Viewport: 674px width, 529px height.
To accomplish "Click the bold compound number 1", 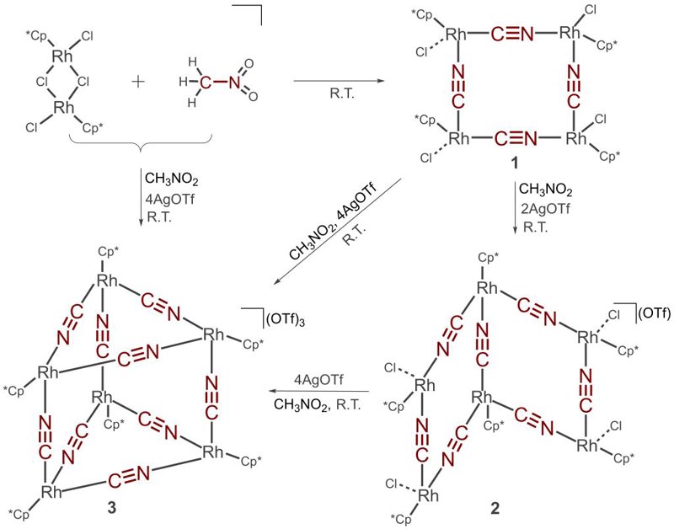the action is click(x=514, y=163).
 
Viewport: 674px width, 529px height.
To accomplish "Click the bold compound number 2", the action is click(x=495, y=509).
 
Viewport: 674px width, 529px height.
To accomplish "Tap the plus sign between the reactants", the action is click(x=138, y=81).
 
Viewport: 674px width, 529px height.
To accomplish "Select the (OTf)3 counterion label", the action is click(x=286, y=321).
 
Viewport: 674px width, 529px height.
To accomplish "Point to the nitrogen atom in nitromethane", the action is click(x=235, y=81).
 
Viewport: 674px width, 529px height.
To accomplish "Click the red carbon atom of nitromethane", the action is click(x=206, y=82).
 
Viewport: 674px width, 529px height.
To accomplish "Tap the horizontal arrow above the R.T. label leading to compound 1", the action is click(x=340, y=80).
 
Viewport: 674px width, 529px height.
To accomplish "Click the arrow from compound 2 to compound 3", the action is click(x=319, y=391).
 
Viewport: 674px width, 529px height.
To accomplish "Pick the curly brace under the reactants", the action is click(x=141, y=142).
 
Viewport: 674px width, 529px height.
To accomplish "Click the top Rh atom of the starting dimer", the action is click(x=62, y=56).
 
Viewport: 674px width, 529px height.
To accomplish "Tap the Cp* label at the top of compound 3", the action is click(x=106, y=252).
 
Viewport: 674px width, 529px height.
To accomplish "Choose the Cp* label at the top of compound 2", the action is click(x=489, y=259).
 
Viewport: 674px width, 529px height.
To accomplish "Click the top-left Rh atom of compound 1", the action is click(x=456, y=34).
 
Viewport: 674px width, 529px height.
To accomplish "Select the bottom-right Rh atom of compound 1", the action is click(x=576, y=138).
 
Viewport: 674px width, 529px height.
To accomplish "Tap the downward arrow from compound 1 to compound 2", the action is click(x=516, y=207).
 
